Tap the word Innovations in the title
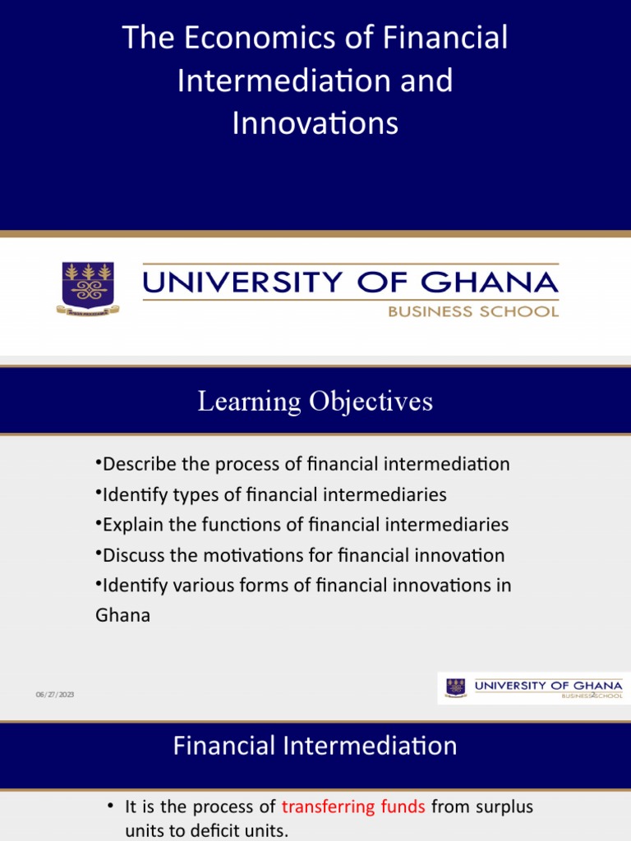(315, 123)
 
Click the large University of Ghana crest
(88, 287)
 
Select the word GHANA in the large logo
(491, 283)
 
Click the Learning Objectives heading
(315, 402)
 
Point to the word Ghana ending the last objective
(123, 615)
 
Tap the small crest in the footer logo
(455, 687)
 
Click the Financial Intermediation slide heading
(315, 746)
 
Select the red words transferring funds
(353, 807)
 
